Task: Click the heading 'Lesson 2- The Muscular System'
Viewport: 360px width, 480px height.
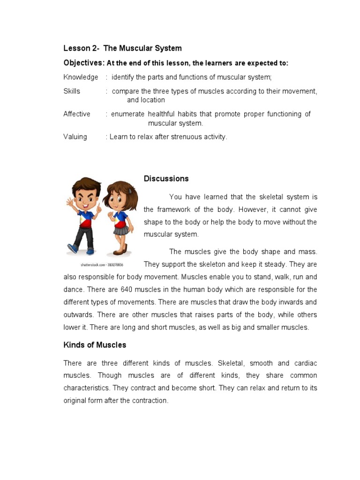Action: (122, 48)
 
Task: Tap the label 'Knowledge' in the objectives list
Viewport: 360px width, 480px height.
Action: (81, 77)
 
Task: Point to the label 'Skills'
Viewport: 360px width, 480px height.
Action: (72, 91)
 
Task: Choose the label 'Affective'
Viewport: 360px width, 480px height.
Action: (77, 114)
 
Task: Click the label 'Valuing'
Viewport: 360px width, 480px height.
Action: (75, 137)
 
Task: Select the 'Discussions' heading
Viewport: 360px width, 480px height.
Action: (166, 179)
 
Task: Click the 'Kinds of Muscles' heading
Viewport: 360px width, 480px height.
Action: (95, 345)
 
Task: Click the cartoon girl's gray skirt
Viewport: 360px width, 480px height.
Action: (120, 230)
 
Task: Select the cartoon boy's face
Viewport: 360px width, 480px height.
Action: (85, 196)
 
